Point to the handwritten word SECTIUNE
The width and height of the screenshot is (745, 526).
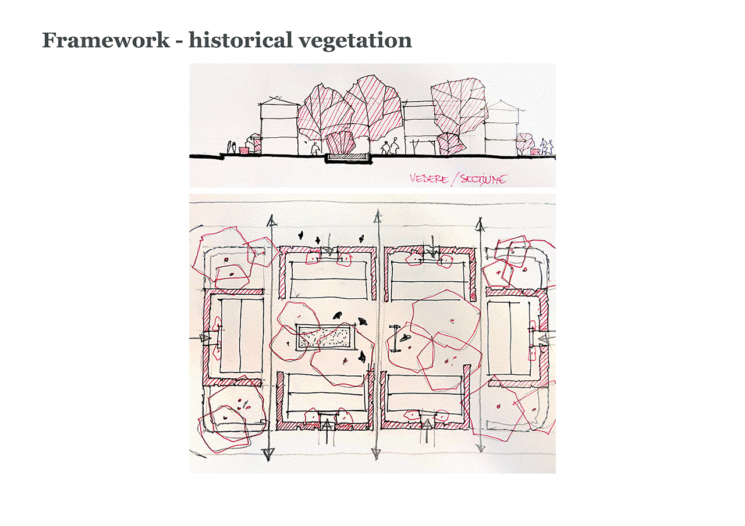(483, 178)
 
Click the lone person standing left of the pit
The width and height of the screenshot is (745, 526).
(315, 149)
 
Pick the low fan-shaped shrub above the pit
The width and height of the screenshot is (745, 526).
(340, 143)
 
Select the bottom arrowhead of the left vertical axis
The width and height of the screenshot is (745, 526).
(269, 453)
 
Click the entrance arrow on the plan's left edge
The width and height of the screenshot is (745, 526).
(205, 337)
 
